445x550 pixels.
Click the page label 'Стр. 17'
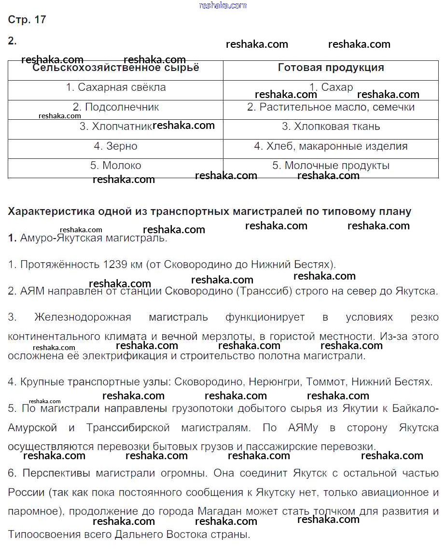coord(27,20)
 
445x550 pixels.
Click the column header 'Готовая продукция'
coord(331,68)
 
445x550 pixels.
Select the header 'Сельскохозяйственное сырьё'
coord(115,68)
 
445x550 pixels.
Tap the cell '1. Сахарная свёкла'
coord(116,87)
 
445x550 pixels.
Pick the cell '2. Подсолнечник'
coord(116,107)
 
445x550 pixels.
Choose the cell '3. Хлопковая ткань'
coord(331,127)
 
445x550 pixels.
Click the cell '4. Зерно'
coord(116,146)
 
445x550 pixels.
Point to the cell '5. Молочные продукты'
coord(331,166)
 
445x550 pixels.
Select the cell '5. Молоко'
coord(116,166)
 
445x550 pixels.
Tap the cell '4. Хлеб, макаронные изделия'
coord(331,146)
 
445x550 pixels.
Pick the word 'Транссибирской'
coord(128,428)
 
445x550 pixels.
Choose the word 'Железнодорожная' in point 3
coord(83,317)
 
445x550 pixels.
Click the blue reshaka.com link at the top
coord(222,5)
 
